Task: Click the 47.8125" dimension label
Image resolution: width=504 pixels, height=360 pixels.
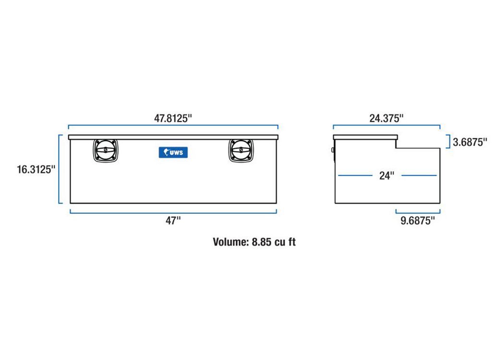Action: pos(173,118)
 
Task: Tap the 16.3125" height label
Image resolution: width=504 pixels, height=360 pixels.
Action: pos(36,169)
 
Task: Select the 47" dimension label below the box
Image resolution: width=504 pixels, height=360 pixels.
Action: pos(173,220)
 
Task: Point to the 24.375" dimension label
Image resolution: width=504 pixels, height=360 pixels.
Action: pos(386,118)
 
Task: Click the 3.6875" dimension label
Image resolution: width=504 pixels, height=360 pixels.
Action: pos(470,142)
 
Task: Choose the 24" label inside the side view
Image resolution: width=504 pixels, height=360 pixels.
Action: pos(387,176)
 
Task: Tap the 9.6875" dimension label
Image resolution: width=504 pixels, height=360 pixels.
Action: pos(418,220)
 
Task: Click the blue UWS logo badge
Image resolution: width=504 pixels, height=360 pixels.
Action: pos(173,152)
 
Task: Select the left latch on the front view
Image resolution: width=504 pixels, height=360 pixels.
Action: pos(106,150)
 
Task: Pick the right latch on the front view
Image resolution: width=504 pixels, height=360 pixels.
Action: pos(241,150)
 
